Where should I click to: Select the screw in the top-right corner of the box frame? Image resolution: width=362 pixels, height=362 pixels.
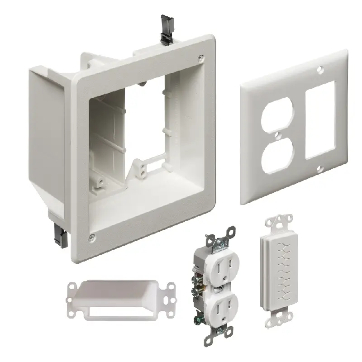[200, 57]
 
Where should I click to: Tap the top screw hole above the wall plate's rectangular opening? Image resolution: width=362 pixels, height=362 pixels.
[320, 71]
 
